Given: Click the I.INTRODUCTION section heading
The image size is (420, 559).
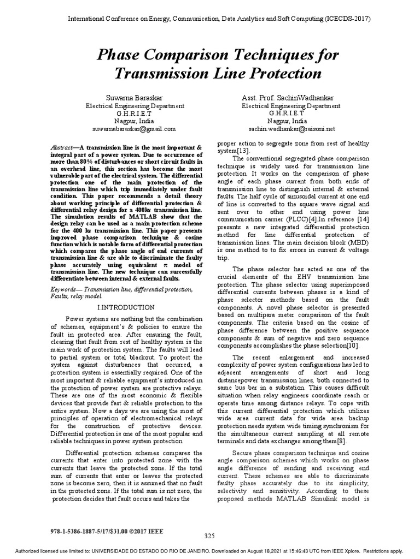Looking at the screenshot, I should [x=126, y=307].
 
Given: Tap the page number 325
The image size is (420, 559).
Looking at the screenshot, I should [x=210, y=536].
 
